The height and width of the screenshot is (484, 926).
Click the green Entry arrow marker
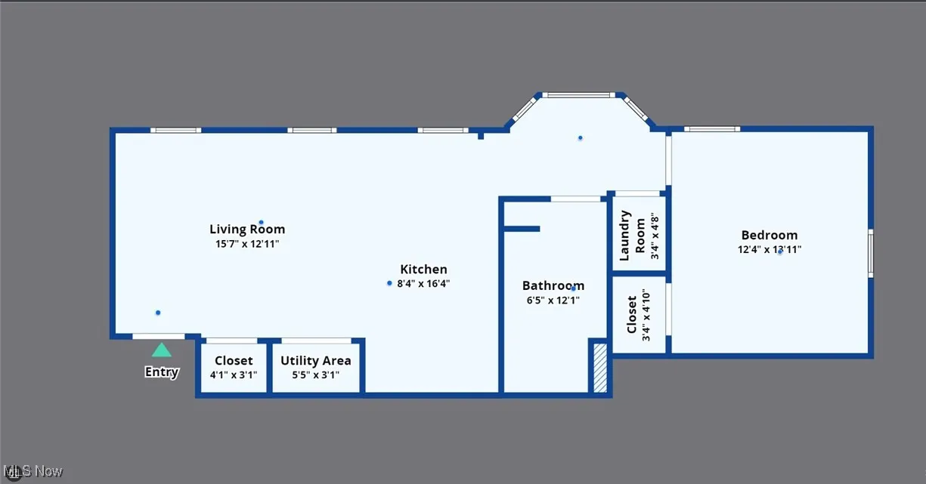[161, 350]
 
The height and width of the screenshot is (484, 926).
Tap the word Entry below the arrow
[162, 371]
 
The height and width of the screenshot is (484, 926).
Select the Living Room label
[247, 229]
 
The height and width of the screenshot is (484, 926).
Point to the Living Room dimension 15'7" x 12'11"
[247, 244]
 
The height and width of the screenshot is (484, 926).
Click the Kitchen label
[423, 269]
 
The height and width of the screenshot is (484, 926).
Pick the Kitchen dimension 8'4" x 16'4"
[423, 284]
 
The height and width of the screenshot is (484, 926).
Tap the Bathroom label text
[553, 285]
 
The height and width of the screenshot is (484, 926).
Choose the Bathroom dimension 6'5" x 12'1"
[553, 301]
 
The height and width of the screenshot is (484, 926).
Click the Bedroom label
[769, 235]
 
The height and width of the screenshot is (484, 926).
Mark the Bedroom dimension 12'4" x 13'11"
[770, 250]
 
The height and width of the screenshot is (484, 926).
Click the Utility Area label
[315, 360]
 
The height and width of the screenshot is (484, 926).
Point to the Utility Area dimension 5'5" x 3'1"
[315, 375]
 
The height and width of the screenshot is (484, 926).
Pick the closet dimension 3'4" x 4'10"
[646, 315]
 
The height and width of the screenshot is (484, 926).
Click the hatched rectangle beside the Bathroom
[600, 368]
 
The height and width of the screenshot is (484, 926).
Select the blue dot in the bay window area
[581, 137]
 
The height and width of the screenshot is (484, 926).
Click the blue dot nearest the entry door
[158, 313]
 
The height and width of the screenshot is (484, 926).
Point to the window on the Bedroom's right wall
[871, 252]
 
